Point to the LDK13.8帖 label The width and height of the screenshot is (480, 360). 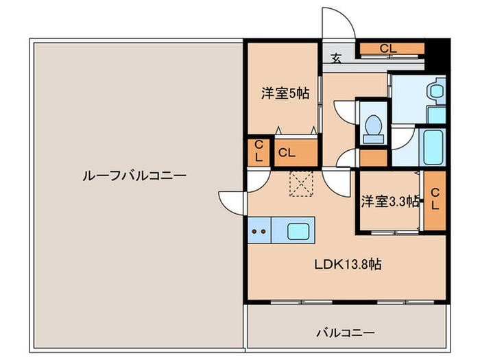(x=348, y=264)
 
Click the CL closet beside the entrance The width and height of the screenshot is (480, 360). (x=388, y=49)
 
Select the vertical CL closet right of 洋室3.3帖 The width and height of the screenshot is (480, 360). (x=435, y=200)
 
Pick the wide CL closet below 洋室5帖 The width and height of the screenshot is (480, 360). (x=296, y=152)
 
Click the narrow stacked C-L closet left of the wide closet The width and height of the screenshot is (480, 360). (x=259, y=152)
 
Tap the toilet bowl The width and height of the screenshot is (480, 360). (x=374, y=125)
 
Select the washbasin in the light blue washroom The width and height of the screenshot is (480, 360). (x=435, y=91)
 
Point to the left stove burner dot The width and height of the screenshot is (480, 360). (x=256, y=232)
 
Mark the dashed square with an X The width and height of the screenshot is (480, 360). (x=300, y=184)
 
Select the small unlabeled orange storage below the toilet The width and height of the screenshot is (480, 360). (x=374, y=158)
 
